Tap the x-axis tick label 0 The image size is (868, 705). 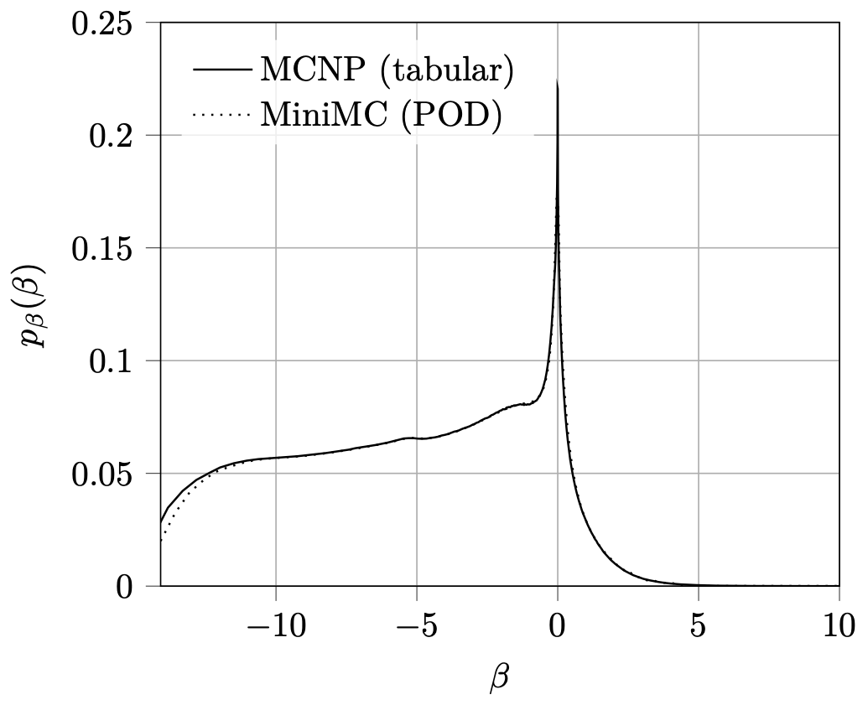click(558, 627)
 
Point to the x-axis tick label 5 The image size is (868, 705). click(699, 627)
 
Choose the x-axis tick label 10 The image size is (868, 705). click(839, 627)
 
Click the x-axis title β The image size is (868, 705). click(500, 677)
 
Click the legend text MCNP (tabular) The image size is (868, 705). click(386, 70)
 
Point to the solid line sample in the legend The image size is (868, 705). click(221, 70)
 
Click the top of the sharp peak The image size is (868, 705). click(558, 82)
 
